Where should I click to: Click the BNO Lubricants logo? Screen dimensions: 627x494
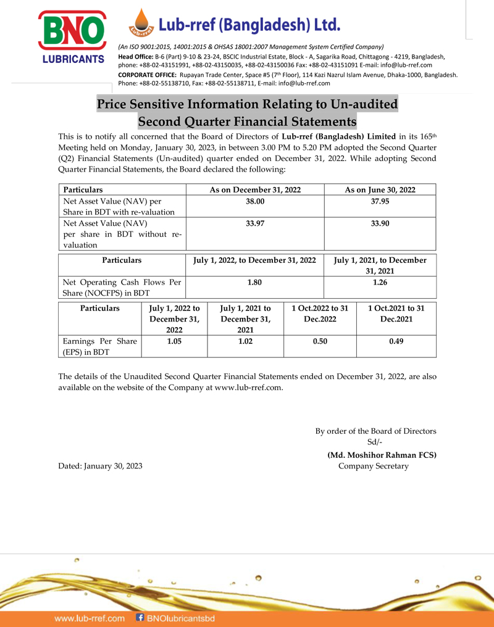click(71, 36)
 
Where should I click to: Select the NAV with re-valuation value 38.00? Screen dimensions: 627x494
click(255, 202)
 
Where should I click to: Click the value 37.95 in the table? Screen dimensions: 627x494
click(380, 202)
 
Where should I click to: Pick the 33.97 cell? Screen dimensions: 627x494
click(255, 223)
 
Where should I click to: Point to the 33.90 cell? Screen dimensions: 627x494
click(380, 223)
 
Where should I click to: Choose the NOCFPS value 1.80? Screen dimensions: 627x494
click(255, 282)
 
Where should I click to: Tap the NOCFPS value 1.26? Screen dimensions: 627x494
click(380, 282)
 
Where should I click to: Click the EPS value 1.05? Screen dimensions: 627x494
click(174, 341)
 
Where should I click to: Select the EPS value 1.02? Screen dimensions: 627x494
click(245, 341)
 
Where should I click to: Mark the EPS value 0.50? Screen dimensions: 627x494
click(319, 341)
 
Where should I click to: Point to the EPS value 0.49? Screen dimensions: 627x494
click(396, 341)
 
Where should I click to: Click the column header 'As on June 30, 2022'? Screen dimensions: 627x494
click(380, 190)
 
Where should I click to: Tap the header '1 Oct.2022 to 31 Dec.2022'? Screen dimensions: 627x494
click(319, 313)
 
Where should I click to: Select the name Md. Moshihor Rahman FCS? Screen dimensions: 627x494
click(382, 455)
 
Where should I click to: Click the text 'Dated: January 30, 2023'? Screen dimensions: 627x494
click(100, 466)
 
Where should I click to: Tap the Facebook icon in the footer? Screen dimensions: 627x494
click(140, 617)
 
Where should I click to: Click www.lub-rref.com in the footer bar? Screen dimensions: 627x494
click(90, 618)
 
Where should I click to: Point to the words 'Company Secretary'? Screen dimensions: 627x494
click(374, 466)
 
